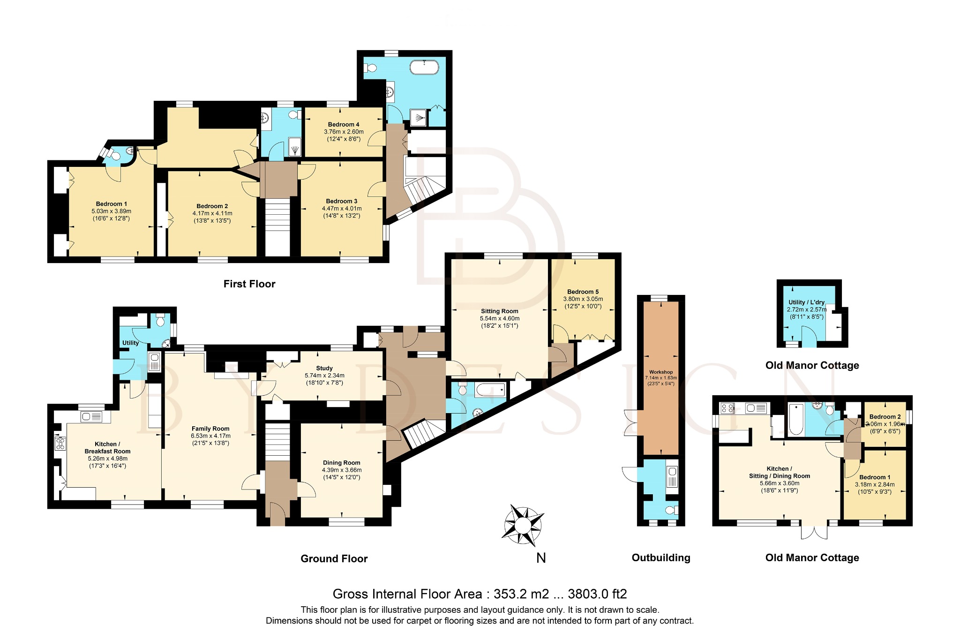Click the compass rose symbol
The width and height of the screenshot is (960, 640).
(523, 526)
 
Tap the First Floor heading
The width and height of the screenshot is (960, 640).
(249, 284)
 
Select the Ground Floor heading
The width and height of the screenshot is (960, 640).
(334, 558)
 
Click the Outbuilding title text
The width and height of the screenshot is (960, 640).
(660, 557)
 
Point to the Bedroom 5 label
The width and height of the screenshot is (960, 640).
(583, 292)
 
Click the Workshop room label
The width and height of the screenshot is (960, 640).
(661, 372)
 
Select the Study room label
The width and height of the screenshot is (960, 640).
(324, 368)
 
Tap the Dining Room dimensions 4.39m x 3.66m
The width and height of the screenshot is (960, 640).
(342, 470)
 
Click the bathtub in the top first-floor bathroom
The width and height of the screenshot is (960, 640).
(424, 68)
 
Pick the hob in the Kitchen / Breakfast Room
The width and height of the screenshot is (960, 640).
(60, 444)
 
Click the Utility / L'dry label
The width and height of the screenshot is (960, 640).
(806, 302)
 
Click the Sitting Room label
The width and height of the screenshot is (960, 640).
(499, 311)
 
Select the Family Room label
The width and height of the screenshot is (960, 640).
(210, 429)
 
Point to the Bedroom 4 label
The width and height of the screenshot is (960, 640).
(344, 124)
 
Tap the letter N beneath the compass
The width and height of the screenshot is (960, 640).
(541, 558)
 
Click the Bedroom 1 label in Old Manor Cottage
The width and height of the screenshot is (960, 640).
(874, 477)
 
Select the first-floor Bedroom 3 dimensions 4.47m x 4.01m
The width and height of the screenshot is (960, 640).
(342, 209)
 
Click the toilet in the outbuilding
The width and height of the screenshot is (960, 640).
(671, 510)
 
